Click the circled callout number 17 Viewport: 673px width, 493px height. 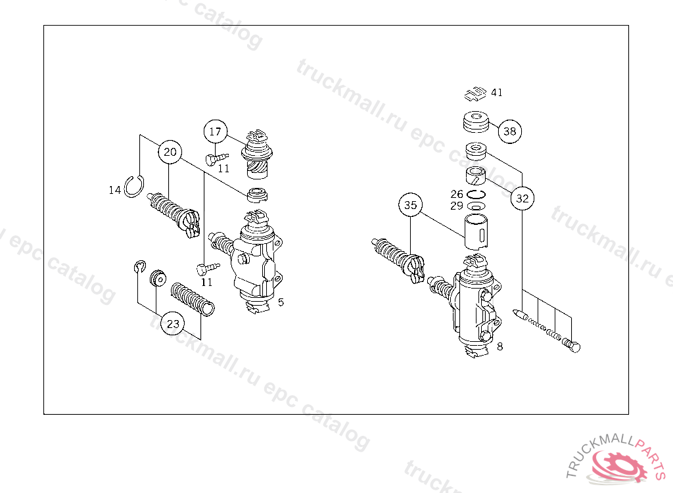(x=216, y=132)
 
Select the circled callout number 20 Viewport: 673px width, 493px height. (x=170, y=152)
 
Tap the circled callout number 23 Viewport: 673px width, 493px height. (x=173, y=323)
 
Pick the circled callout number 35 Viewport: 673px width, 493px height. (x=410, y=205)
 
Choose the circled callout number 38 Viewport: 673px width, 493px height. (x=510, y=131)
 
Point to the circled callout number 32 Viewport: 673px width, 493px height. (x=522, y=199)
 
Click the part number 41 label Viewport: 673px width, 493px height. (x=497, y=92)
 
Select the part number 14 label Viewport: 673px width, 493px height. (x=114, y=190)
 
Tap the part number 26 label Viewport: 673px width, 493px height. (x=457, y=194)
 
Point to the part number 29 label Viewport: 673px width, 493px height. (x=457, y=206)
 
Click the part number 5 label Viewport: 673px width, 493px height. (x=281, y=302)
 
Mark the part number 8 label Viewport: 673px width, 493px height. (x=499, y=346)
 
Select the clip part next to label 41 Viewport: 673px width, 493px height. (x=475, y=93)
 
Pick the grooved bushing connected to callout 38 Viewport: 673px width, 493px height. (x=476, y=122)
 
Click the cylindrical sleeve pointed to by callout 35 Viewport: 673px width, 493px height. (x=476, y=231)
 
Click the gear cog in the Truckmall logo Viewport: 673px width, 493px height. (x=618, y=464)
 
